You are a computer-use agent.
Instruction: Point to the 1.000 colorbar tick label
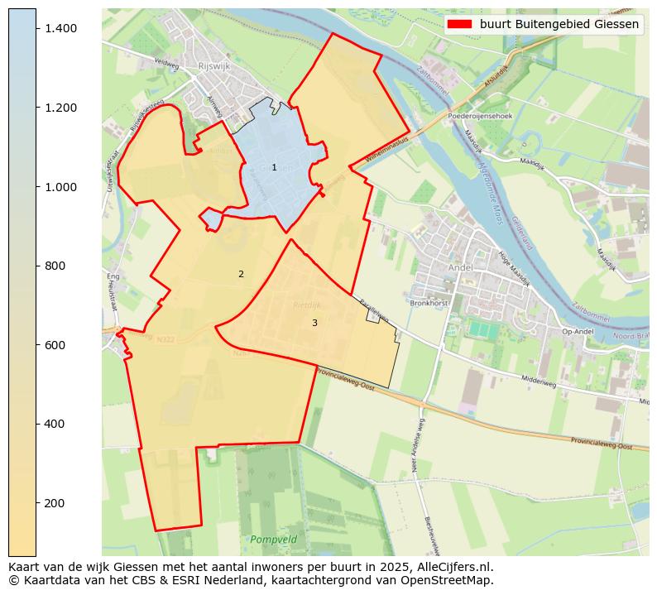point(60,187)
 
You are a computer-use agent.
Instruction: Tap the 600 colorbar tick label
point(54,345)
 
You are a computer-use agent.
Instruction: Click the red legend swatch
point(459,24)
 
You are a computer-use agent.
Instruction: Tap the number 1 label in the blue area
point(274,168)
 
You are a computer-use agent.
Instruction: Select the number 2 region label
point(241,274)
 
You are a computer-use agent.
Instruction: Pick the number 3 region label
point(314,323)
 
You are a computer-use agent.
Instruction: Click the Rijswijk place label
point(213,67)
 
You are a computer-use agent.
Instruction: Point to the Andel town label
point(459,267)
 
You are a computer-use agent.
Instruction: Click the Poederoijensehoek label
point(480,117)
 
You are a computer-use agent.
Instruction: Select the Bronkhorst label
point(429,304)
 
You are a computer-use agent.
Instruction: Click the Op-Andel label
point(578,332)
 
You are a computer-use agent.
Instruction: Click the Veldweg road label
point(166,62)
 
